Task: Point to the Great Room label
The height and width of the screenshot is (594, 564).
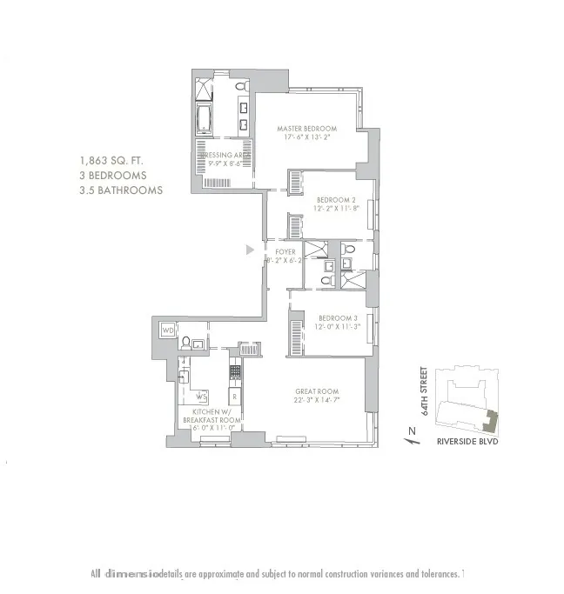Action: [x=316, y=391]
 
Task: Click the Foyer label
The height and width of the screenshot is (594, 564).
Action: [x=285, y=252]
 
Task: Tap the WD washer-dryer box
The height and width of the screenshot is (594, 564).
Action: [x=169, y=331]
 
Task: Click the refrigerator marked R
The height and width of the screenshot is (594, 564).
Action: [x=234, y=397]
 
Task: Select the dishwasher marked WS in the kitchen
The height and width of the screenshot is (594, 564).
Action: [x=201, y=397]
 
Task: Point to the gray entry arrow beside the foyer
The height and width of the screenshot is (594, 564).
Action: [x=250, y=250]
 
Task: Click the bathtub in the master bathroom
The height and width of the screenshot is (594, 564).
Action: [x=204, y=119]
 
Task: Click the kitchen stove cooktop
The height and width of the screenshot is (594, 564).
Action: [x=234, y=371]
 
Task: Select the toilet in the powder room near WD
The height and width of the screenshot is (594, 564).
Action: [x=186, y=342]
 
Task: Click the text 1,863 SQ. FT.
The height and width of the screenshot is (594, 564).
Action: [x=112, y=161]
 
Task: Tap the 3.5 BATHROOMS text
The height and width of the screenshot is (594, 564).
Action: [x=120, y=190]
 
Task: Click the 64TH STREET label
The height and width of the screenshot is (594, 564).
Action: [x=426, y=393]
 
